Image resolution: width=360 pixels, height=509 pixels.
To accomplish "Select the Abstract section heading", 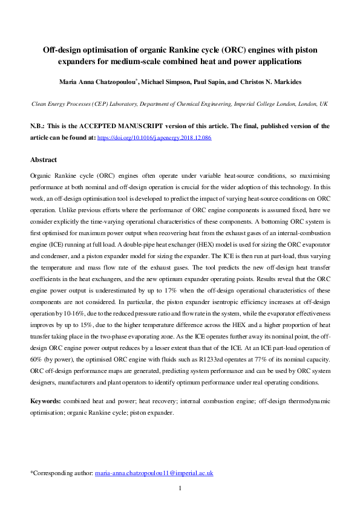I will [44, 160].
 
